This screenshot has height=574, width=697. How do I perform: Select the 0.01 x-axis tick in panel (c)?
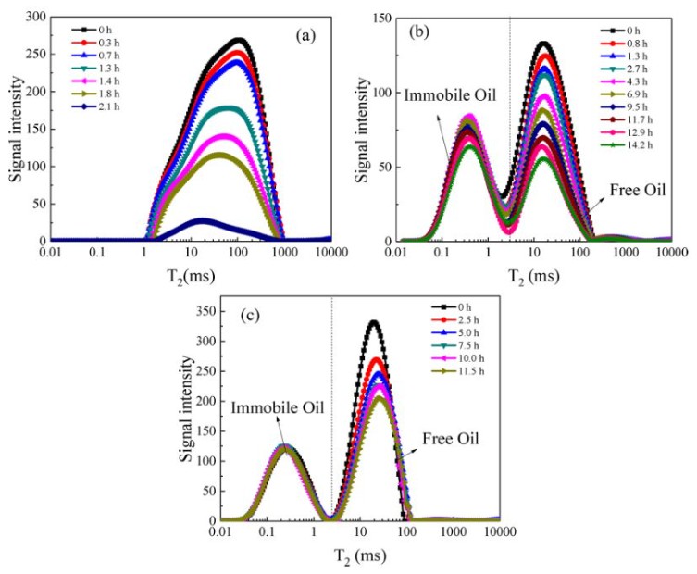[x=220, y=535]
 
